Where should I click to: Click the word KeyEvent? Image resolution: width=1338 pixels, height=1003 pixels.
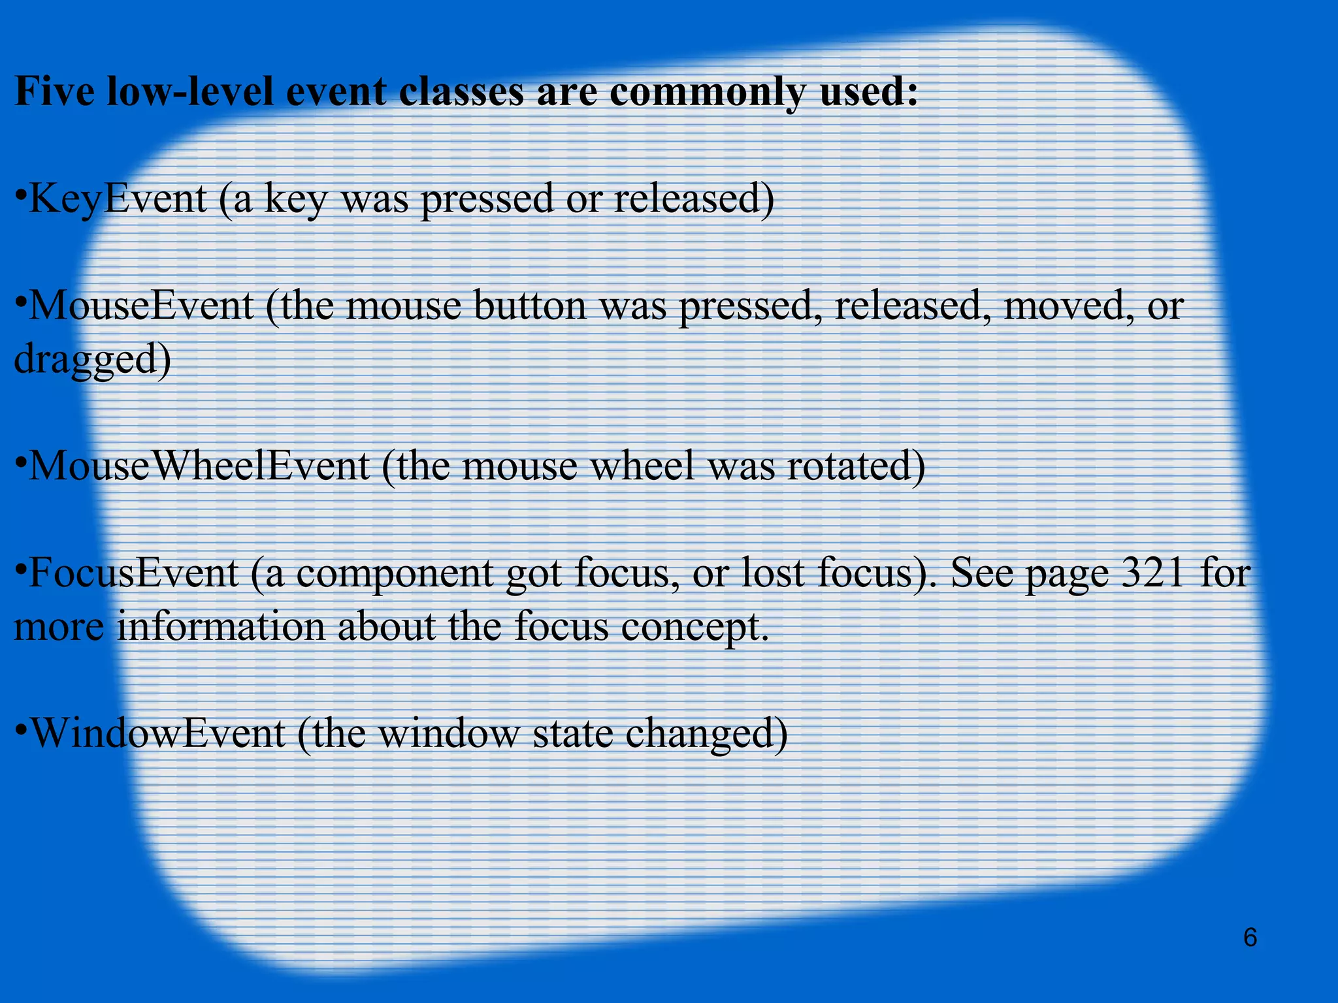click(118, 199)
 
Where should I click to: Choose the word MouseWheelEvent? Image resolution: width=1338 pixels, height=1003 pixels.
click(200, 466)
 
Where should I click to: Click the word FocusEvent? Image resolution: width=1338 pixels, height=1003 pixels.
click(134, 573)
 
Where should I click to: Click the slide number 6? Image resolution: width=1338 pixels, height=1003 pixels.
click(1250, 938)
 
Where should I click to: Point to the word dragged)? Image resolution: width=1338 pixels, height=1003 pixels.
click(92, 360)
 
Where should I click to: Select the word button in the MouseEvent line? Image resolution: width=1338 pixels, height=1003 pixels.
click(530, 306)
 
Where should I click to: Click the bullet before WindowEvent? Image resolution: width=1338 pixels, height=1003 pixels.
click(21, 728)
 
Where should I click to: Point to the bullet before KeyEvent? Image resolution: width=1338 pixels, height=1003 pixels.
click(21, 194)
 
